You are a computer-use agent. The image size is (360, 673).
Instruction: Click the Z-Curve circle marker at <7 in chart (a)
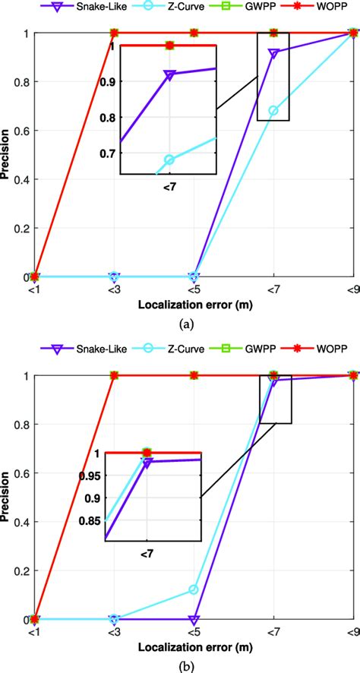(273, 111)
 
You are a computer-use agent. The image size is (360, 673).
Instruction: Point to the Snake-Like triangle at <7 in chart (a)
(273, 53)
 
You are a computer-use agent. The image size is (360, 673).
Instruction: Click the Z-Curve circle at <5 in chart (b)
(194, 589)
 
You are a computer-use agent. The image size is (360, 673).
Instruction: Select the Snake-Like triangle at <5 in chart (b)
(194, 619)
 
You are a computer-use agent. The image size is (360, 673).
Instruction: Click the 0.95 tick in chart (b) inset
(89, 476)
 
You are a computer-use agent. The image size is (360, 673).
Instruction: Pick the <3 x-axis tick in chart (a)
(113, 289)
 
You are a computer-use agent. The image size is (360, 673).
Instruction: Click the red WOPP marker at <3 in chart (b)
(114, 375)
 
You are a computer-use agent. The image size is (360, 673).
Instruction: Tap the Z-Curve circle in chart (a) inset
(169, 160)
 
